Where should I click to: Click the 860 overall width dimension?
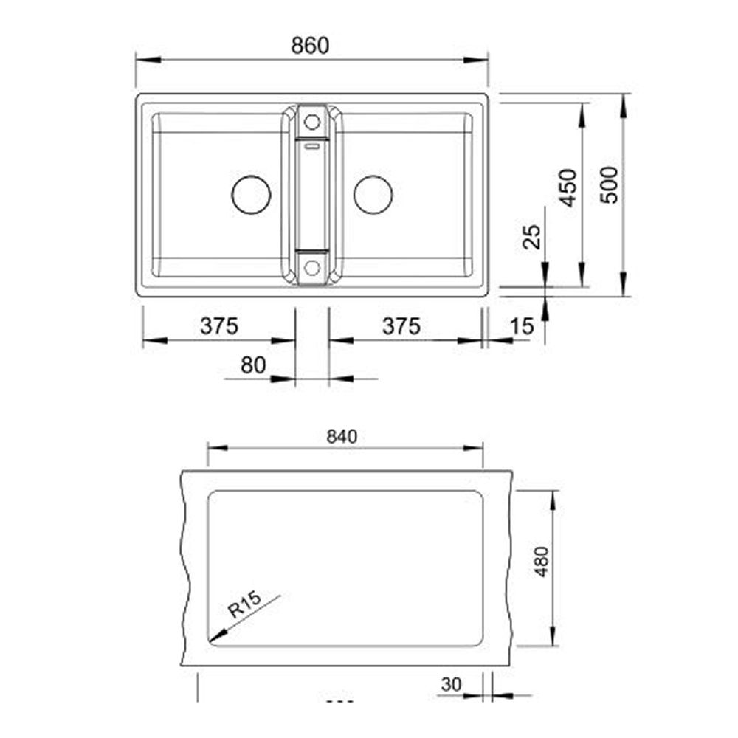[x=310, y=46]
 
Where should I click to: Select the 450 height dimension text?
[x=568, y=187]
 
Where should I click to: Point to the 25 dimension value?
[x=532, y=236]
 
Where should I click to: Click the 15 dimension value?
[x=522, y=326]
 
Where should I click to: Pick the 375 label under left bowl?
[x=219, y=326]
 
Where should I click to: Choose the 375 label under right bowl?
[x=401, y=326]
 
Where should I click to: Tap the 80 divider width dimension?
[x=253, y=365]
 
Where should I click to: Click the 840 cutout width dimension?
[x=342, y=437]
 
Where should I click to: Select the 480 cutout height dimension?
[x=542, y=562]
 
